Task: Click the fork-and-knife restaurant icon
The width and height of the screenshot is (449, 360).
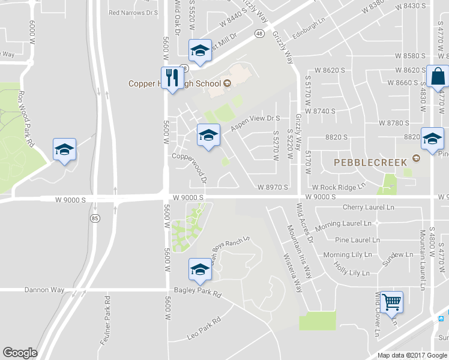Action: [172, 78]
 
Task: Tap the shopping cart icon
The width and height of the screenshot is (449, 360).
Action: [391, 302]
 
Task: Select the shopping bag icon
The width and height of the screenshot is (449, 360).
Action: [438, 76]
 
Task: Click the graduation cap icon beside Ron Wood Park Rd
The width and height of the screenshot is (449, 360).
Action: [64, 150]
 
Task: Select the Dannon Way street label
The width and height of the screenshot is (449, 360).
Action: [44, 290]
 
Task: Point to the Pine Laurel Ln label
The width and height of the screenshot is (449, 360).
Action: [357, 239]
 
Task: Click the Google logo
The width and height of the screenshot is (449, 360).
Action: [20, 353]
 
